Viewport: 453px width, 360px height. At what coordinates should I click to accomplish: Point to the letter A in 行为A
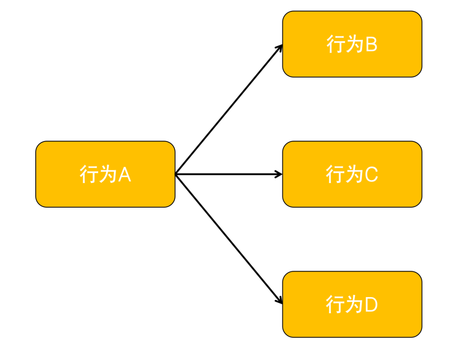click(125, 174)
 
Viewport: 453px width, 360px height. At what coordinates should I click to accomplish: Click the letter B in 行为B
click(371, 44)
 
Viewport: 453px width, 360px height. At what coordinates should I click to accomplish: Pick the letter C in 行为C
click(372, 174)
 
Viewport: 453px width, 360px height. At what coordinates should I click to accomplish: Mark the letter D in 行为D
click(372, 305)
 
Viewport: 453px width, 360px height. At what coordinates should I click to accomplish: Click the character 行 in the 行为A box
click(88, 174)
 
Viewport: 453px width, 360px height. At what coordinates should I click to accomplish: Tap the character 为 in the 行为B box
click(353, 44)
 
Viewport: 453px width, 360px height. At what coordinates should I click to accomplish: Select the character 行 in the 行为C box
click(335, 174)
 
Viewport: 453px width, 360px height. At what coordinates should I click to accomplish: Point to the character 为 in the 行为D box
click(353, 305)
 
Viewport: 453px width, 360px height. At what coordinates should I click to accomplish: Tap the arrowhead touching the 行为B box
click(280, 47)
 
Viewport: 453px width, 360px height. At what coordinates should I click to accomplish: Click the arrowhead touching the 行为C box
click(279, 174)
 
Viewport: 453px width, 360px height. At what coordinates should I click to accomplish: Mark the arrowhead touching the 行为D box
click(280, 301)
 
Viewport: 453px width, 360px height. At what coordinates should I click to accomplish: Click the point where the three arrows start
click(176, 174)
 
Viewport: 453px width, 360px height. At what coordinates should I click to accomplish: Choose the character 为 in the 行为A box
click(107, 174)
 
